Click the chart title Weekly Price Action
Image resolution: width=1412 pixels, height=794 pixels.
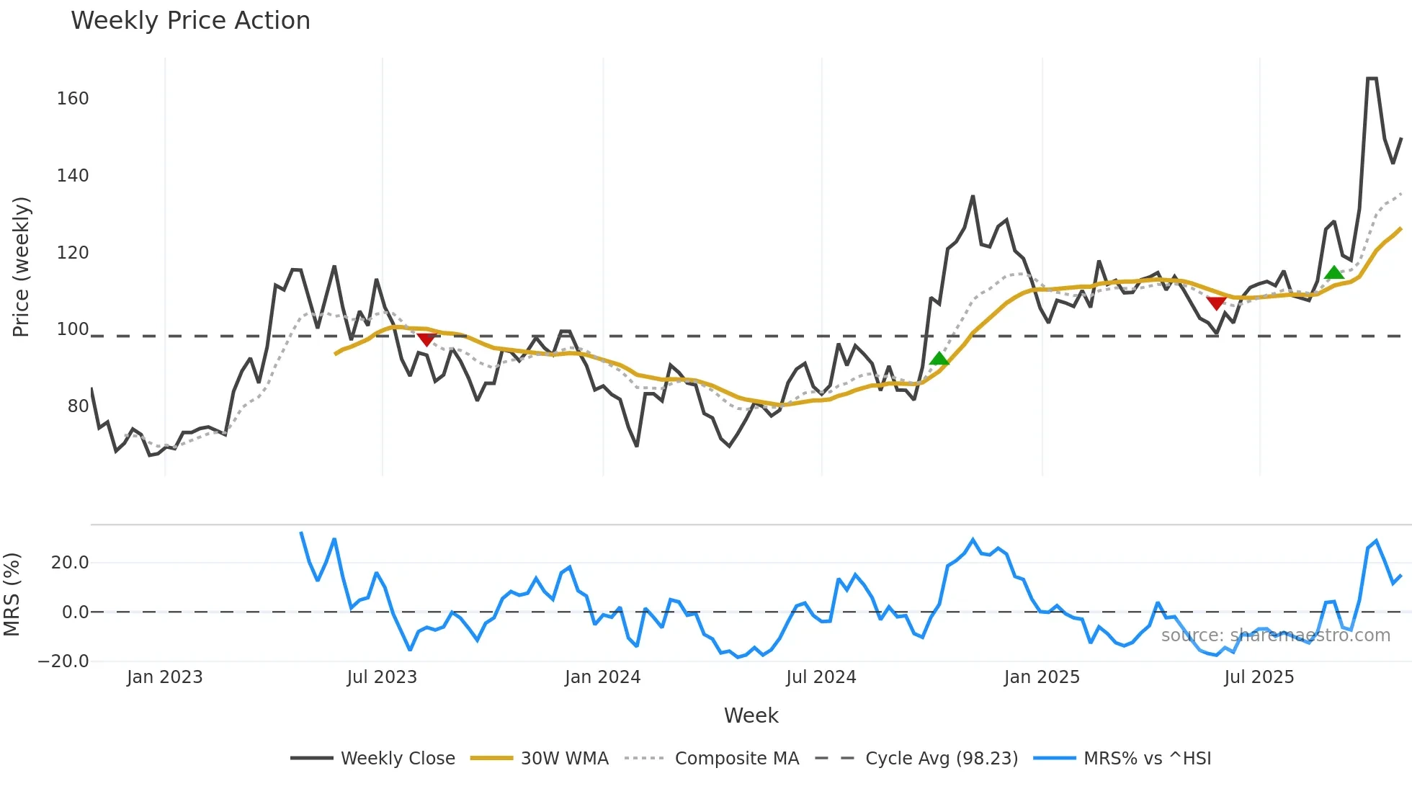pyautogui.click(x=190, y=21)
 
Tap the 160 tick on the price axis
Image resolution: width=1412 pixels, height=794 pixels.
pyautogui.click(x=73, y=99)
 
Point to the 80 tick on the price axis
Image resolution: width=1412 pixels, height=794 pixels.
pyautogui.click(x=78, y=406)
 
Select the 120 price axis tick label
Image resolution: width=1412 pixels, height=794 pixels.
pyautogui.click(x=73, y=253)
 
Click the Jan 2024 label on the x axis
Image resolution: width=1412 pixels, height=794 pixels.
pyautogui.click(x=602, y=677)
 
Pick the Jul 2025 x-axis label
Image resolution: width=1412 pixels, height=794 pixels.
pyautogui.click(x=1259, y=677)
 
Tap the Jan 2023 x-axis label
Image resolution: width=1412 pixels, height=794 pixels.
pyautogui.click(x=165, y=677)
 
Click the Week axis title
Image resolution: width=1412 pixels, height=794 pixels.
pyautogui.click(x=751, y=715)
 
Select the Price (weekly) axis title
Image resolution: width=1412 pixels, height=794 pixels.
pyautogui.click(x=21, y=267)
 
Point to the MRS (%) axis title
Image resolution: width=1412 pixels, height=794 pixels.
pyautogui.click(x=12, y=594)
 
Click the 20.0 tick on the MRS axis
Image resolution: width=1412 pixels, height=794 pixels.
pyautogui.click(x=70, y=563)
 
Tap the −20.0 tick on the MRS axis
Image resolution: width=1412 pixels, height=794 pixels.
pyautogui.click(x=63, y=661)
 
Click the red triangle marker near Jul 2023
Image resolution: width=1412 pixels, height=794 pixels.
pyautogui.click(x=426, y=339)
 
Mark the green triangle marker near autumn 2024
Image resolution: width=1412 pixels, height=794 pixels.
pyautogui.click(x=939, y=358)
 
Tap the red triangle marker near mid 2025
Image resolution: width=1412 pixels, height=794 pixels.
pyautogui.click(x=1216, y=303)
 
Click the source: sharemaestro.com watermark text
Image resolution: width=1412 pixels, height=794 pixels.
pyautogui.click(x=1275, y=635)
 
